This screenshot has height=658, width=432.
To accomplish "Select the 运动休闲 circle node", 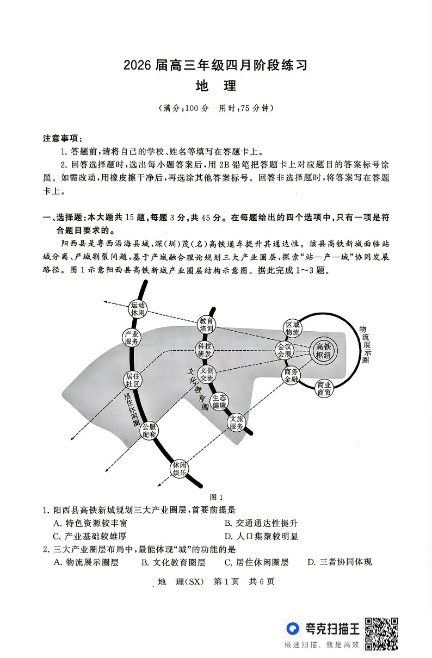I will click(138, 309).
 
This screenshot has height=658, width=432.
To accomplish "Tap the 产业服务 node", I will click(132, 338).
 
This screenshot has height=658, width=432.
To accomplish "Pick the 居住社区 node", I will click(133, 380).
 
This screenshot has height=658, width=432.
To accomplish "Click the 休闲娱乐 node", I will click(180, 469).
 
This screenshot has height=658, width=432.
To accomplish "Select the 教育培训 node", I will click(206, 325).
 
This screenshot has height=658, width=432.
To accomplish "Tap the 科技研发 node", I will click(205, 350).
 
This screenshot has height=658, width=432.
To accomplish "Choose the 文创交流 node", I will click(207, 375).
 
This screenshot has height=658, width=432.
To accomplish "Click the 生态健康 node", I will click(219, 401).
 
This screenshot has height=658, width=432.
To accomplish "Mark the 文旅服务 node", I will click(236, 423).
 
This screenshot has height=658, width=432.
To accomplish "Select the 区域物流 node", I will click(292, 329).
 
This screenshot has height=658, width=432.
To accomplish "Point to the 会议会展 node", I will click(285, 350).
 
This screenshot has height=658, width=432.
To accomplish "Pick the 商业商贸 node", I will click(325, 389).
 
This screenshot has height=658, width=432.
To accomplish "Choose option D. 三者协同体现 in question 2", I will click(340, 562).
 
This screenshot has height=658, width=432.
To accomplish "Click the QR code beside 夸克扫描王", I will click(381, 633).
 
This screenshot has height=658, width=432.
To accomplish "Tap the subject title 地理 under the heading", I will click(215, 86).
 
